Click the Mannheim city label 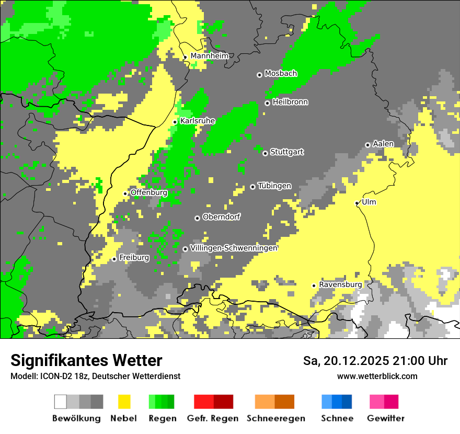click(x=209, y=56)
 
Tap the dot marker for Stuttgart click(x=265, y=153)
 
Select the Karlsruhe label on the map click(x=198, y=121)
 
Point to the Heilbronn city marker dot click(x=267, y=103)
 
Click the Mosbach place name click(x=281, y=74)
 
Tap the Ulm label click(x=369, y=202)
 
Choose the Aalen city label click(x=383, y=144)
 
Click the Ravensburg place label click(x=340, y=284)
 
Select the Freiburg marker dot click(x=114, y=259)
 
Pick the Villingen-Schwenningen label click(x=234, y=248)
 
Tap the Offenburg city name click(x=148, y=192)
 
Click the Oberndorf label click(x=221, y=217)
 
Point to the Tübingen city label click(x=274, y=186)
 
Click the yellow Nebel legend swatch click(x=124, y=402)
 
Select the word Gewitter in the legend click(x=386, y=418)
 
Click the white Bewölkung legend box click(x=61, y=402)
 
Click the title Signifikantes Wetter click(x=86, y=360)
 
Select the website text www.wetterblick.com click(x=377, y=376)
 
